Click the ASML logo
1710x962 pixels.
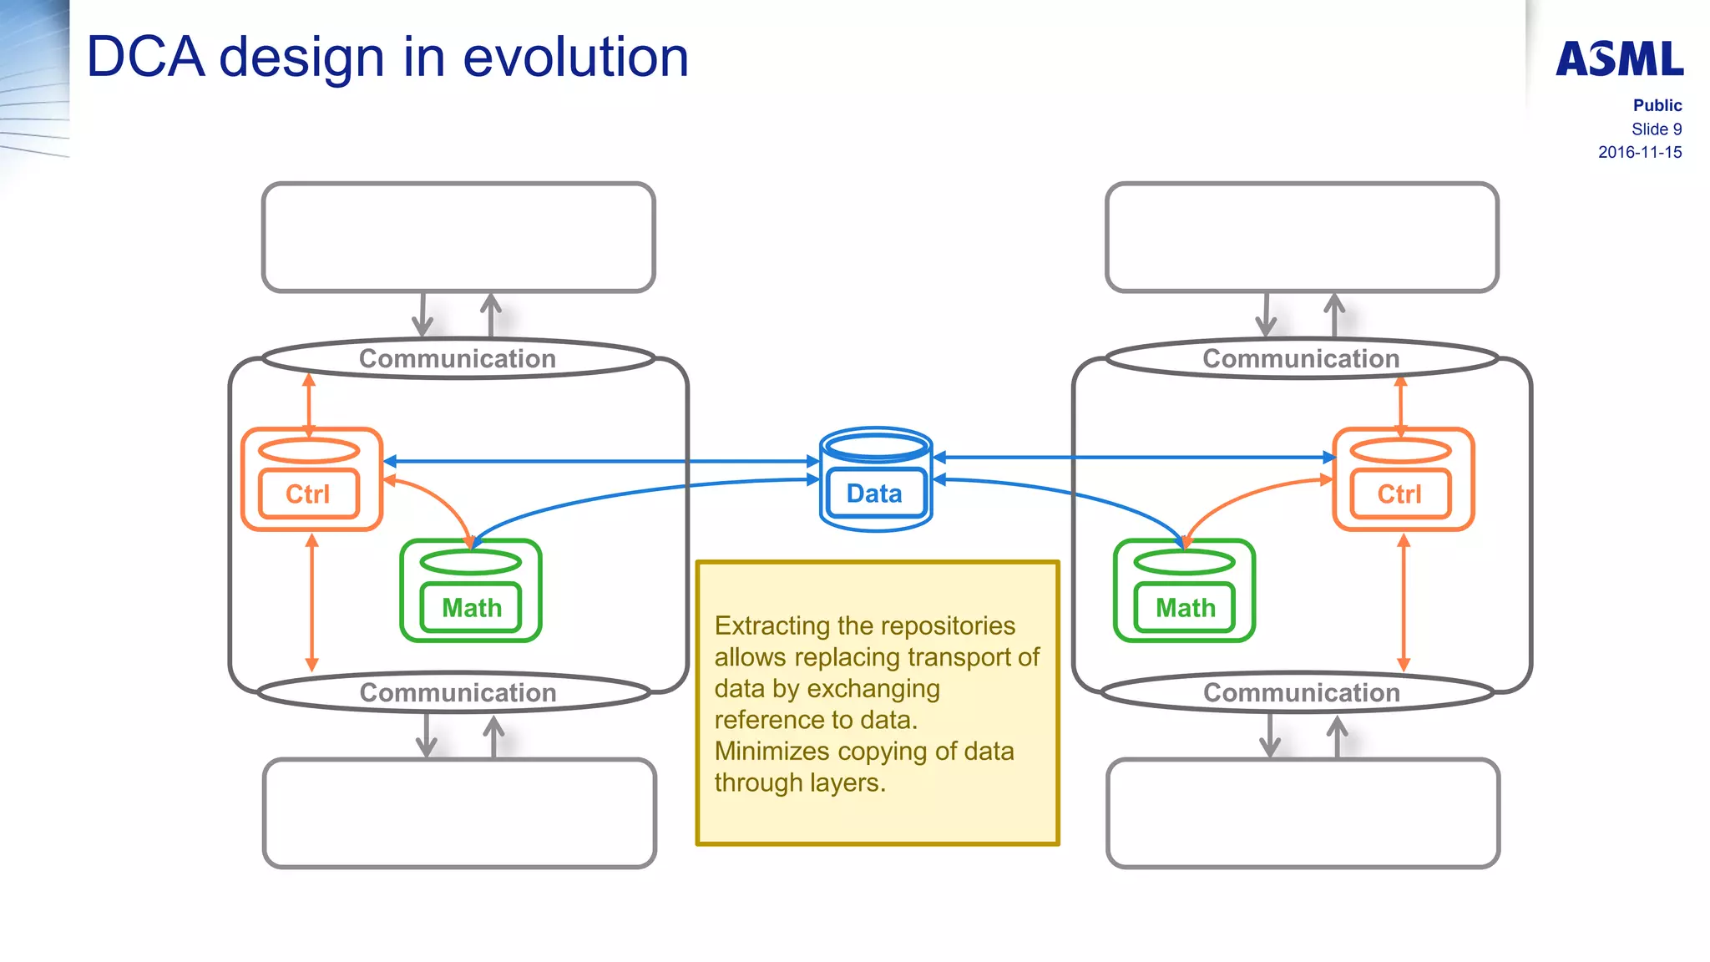tap(1619, 59)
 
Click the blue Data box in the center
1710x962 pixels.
tap(874, 494)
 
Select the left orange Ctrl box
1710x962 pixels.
tap(308, 494)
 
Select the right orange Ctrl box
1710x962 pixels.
tap(1399, 494)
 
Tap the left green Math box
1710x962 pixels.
tap(471, 607)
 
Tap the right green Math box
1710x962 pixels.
tap(1185, 607)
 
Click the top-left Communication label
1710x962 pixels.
tap(458, 358)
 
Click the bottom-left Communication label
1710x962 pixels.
tap(458, 692)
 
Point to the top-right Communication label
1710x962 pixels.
tap(1301, 358)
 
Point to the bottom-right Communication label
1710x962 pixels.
tap(1301, 692)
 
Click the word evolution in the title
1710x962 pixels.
tap(575, 58)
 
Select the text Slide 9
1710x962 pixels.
tap(1656, 129)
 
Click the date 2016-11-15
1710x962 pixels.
tap(1639, 152)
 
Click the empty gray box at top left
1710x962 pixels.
tap(458, 237)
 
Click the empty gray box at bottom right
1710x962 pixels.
tap(1303, 813)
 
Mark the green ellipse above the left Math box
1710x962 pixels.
tap(471, 562)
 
